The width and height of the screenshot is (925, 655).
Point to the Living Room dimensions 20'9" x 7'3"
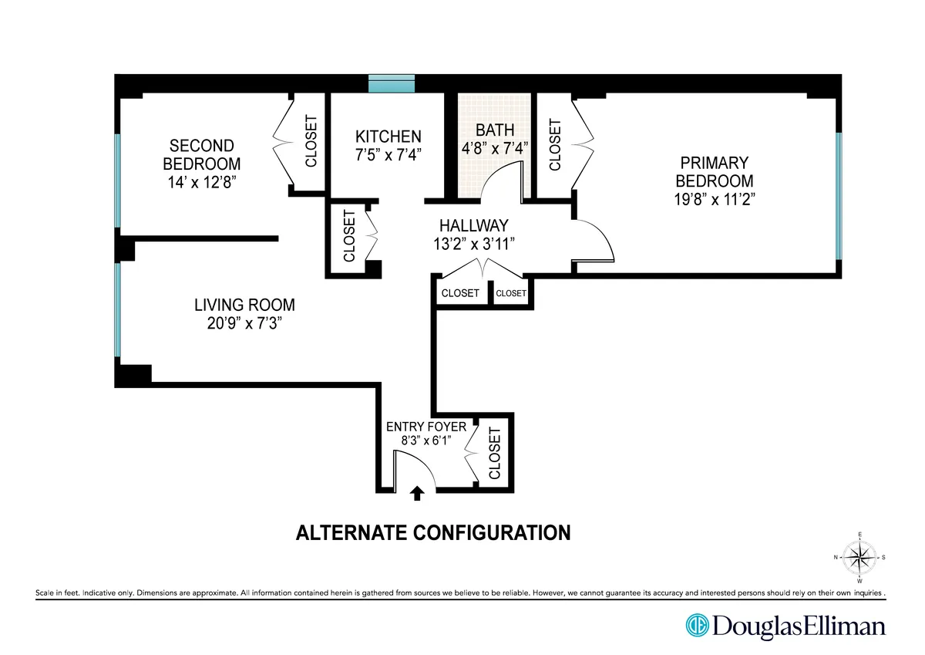pyautogui.click(x=244, y=324)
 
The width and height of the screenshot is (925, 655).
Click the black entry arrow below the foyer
pyautogui.click(x=418, y=493)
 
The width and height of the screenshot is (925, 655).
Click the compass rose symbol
pyautogui.click(x=859, y=556)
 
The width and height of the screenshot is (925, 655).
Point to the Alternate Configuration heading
pyautogui.click(x=433, y=532)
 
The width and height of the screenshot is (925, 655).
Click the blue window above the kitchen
pyautogui.click(x=392, y=83)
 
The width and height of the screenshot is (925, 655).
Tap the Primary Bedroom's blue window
pyautogui.click(x=839, y=197)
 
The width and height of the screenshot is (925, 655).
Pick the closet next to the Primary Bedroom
pyautogui.click(x=554, y=143)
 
